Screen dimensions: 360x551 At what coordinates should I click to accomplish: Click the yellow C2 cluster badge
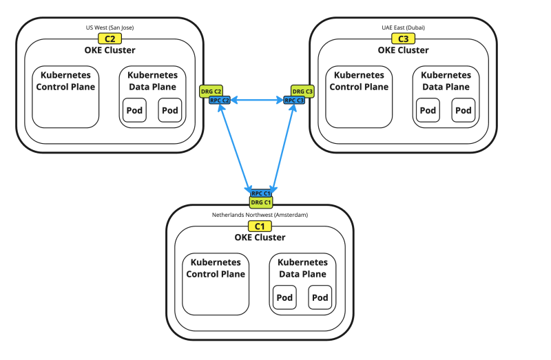tap(110, 39)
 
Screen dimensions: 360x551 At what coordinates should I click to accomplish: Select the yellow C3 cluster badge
tap(403, 39)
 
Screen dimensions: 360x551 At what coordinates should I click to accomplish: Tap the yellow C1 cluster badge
tap(260, 226)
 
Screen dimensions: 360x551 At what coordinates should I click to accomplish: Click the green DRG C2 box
tap(211, 91)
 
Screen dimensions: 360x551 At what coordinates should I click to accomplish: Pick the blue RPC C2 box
tap(220, 100)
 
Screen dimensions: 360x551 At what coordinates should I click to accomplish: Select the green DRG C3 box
tap(302, 91)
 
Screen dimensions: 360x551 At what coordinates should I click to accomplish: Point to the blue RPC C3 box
tap(294, 100)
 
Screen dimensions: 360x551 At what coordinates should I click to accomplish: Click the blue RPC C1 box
tap(260, 193)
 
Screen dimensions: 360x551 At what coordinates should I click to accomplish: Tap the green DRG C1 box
tap(260, 202)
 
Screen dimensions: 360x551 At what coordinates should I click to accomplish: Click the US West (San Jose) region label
tap(110, 28)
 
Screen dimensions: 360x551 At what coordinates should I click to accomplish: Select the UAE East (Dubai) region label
tap(403, 28)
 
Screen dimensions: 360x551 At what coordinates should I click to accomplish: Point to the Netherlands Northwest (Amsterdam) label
tap(260, 215)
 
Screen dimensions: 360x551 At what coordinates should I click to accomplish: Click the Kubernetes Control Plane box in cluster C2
tap(65, 96)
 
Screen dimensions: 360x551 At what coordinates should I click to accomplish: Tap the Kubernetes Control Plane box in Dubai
tap(359, 96)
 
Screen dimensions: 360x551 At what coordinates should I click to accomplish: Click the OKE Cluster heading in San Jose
tap(110, 50)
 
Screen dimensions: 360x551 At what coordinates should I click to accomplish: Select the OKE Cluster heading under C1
tap(260, 237)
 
